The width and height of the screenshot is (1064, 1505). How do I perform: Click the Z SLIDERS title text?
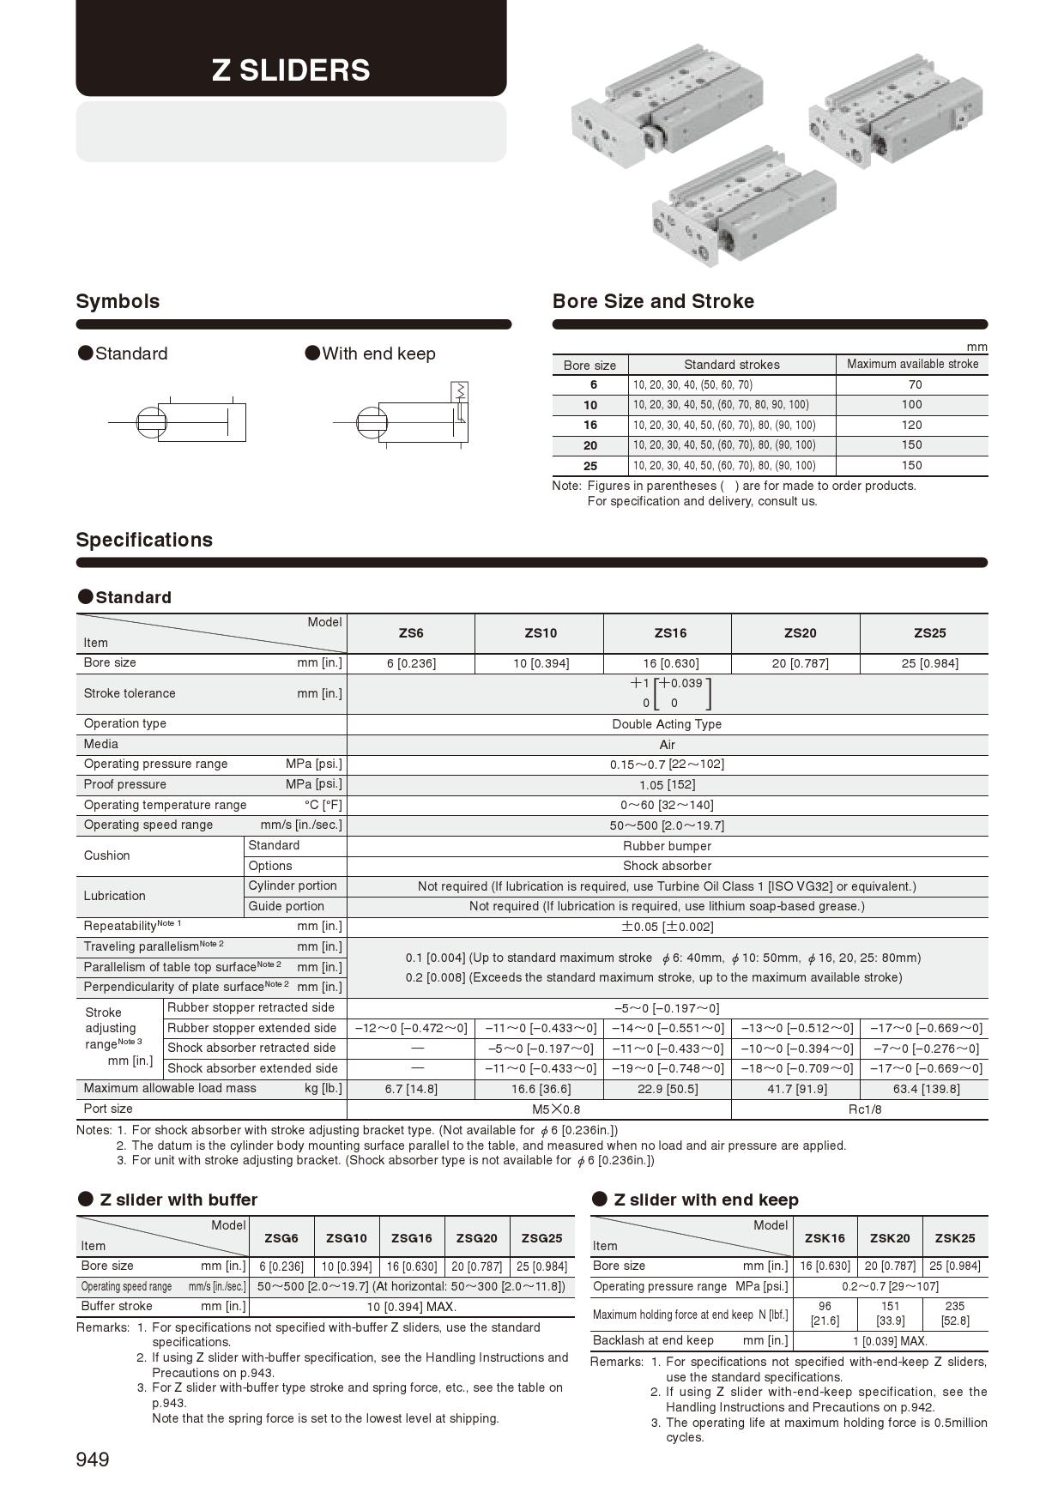pyautogui.click(x=291, y=70)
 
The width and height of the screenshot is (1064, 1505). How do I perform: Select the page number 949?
pyautogui.click(x=93, y=1460)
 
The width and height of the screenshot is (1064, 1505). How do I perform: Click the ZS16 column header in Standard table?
pyautogui.click(x=670, y=633)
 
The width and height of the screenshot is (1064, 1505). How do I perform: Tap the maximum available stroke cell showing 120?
pyautogui.click(x=911, y=425)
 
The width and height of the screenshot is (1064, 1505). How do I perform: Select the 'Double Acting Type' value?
pyautogui.click(x=667, y=724)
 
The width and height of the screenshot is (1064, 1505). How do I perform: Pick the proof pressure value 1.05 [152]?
pyautogui.click(x=667, y=785)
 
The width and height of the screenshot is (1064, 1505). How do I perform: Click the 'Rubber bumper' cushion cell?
pyautogui.click(x=667, y=846)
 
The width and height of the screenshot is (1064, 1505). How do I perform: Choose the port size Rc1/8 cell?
pyautogui.click(x=865, y=1109)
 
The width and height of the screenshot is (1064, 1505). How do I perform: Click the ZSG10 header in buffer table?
pyautogui.click(x=346, y=1238)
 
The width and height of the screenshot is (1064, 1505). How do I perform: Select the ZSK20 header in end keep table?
pyautogui.click(x=890, y=1238)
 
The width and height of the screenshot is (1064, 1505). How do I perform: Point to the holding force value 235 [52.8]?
pyautogui.click(x=955, y=1314)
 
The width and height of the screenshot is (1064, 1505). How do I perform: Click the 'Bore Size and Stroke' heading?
pyautogui.click(x=653, y=301)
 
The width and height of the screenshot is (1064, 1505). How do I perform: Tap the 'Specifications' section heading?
pyautogui.click(x=144, y=540)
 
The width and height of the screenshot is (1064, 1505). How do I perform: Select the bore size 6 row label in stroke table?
pyautogui.click(x=593, y=385)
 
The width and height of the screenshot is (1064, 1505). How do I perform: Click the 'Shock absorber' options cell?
pyautogui.click(x=667, y=867)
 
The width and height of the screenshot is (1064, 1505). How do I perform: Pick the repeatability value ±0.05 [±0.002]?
pyautogui.click(x=667, y=928)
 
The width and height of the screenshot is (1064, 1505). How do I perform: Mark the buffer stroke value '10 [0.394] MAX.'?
pyautogui.click(x=411, y=1308)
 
